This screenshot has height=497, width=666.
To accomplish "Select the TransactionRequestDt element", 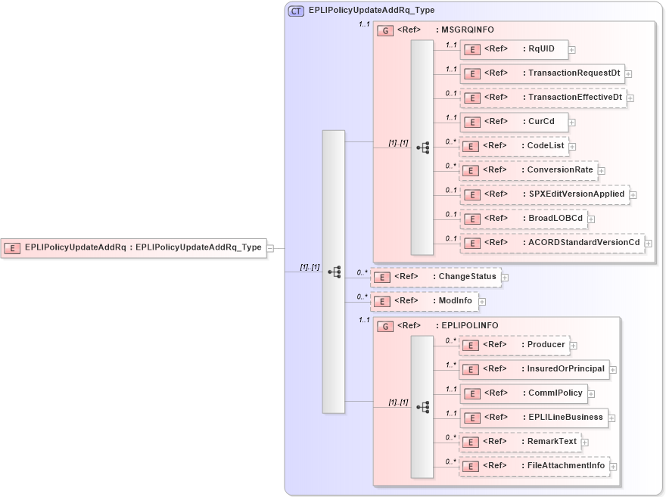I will point(542,73).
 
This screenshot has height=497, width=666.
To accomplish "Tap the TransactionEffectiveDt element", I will point(543,98).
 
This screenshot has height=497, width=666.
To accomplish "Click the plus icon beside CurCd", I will point(572,122).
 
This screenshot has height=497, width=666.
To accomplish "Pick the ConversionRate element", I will point(528,170).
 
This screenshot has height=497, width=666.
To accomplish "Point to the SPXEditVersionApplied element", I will point(544,194).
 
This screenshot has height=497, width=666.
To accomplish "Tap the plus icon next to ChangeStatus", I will point(505,278).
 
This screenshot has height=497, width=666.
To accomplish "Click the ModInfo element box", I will point(423,301).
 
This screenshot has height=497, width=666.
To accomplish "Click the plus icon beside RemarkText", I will point(585,443).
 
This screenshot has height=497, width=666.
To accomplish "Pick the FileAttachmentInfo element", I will point(534,466).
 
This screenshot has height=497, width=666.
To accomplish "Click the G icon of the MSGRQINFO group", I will point(385,31).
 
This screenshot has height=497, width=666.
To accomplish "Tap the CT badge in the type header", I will point(296,11).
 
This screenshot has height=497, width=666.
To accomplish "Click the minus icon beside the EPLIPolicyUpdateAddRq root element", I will point(271,247).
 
